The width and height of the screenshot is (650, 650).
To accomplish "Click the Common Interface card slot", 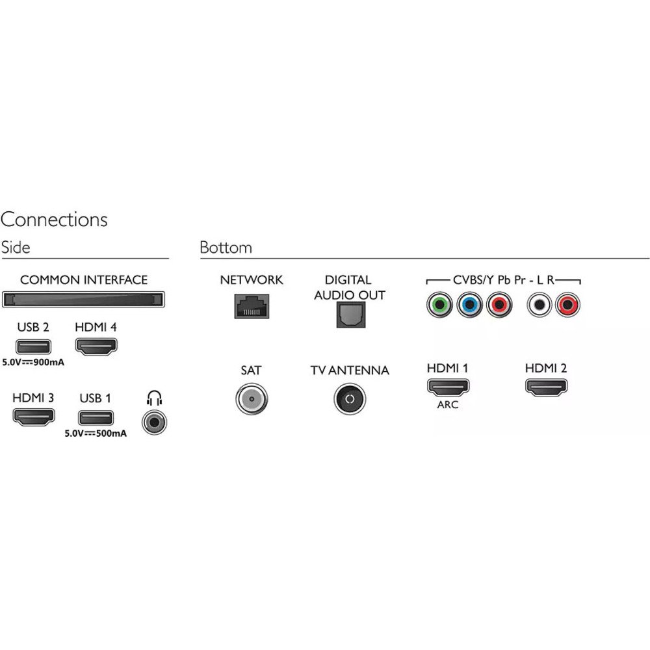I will pos(84,300).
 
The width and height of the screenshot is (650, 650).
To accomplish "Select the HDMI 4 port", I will pos(97,346).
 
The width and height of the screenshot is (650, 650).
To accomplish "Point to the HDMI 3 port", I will pos(34,417).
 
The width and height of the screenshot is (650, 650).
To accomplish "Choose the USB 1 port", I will pos(96,418).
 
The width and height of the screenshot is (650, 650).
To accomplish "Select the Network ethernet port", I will pos(252,305).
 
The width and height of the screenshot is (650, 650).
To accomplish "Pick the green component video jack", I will pos(439,304).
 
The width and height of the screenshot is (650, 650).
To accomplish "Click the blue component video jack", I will pos(469,304).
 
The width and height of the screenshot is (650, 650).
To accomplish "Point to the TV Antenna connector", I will pos(350,399).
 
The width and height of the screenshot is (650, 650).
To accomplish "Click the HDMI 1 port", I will pos(448,386).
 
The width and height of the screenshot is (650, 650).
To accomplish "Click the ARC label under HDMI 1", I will pos(448,404).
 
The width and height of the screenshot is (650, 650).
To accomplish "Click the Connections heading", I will pos(54,220).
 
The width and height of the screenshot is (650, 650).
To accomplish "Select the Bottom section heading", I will pos(226,248).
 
